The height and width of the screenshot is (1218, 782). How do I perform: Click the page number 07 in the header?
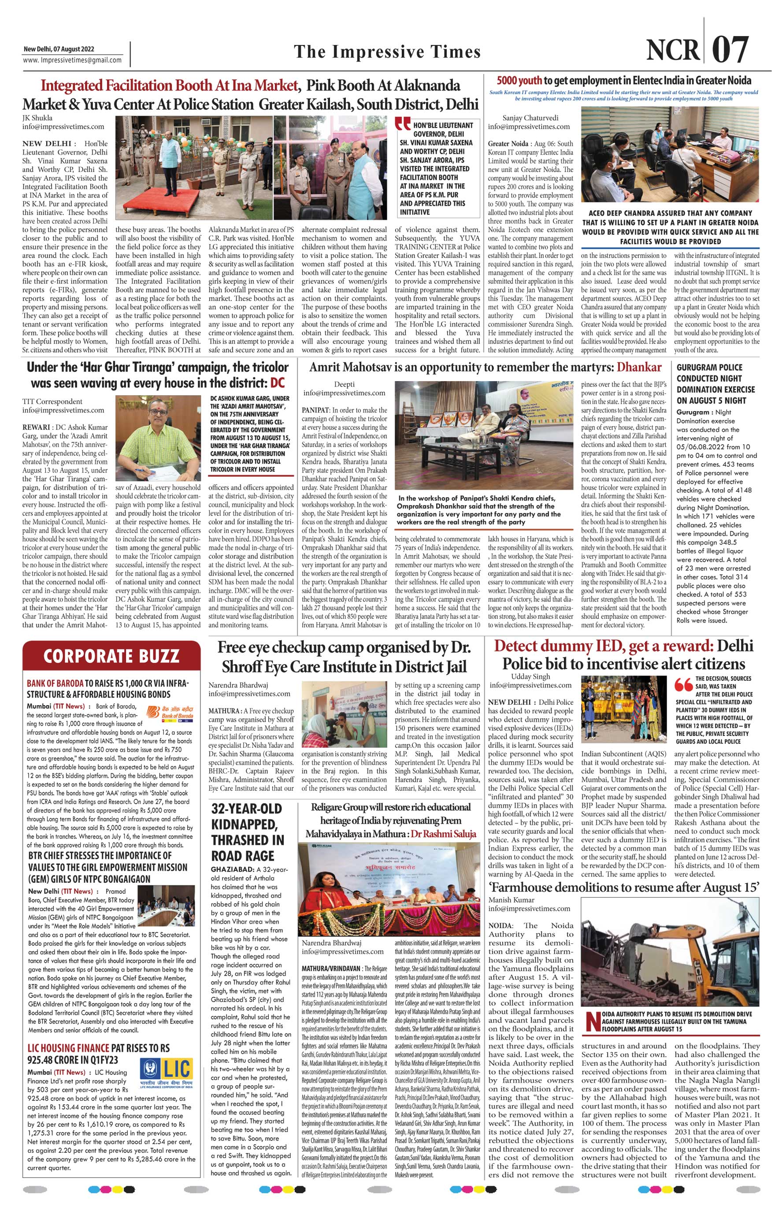(x=730, y=50)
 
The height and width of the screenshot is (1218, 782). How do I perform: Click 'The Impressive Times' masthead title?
(x=387, y=52)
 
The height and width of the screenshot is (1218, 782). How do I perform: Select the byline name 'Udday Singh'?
(x=530, y=676)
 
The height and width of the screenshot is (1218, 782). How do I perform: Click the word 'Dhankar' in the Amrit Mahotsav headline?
(x=639, y=367)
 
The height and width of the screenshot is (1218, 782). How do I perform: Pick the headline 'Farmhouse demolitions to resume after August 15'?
(x=624, y=888)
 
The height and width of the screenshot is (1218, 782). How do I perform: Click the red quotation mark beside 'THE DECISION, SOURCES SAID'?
(x=683, y=685)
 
